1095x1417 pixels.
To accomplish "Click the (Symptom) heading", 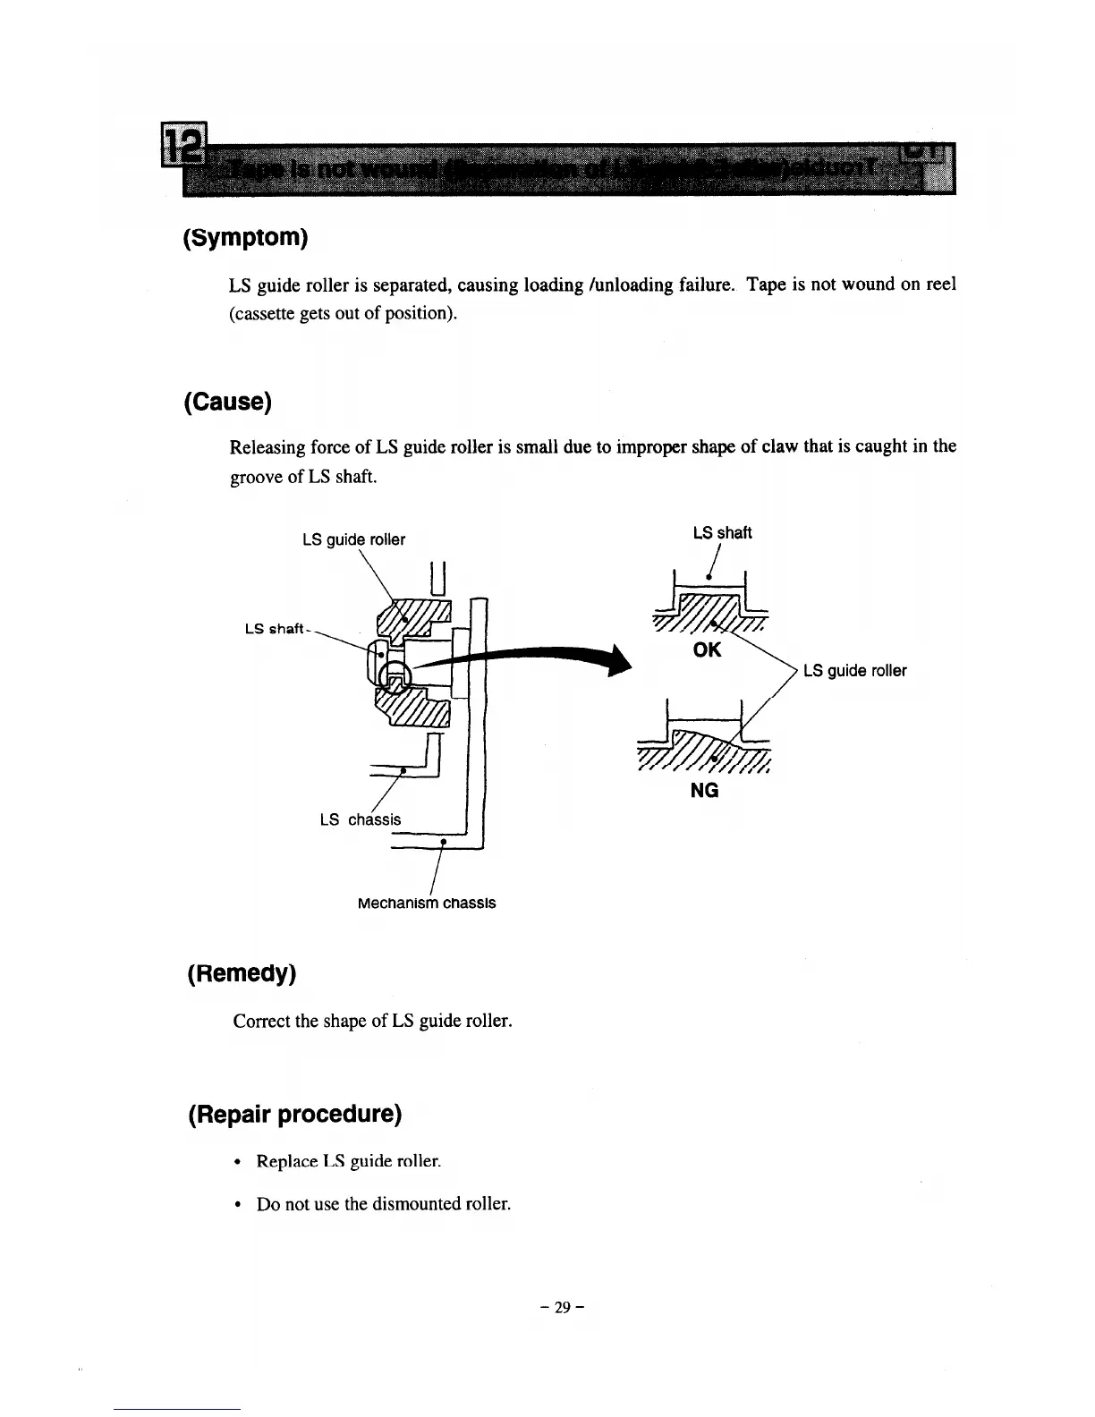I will click(x=245, y=238).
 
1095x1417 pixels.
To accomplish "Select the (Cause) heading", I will click(x=227, y=402).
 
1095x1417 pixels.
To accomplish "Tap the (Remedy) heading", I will click(x=241, y=973).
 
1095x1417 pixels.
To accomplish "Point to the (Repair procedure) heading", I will click(x=295, y=1115).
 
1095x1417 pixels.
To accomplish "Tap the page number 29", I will click(x=562, y=1307).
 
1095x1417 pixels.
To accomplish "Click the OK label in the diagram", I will click(x=707, y=649).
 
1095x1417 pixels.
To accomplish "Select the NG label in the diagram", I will click(x=705, y=791).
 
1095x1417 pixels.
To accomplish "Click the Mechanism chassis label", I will click(x=426, y=904).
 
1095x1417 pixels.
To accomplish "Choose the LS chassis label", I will click(x=361, y=819).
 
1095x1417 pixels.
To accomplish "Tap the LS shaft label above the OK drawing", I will click(x=722, y=533).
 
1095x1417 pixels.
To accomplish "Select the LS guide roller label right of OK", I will click(x=854, y=671).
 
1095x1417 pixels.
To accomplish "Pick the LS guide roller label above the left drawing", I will click(x=353, y=539).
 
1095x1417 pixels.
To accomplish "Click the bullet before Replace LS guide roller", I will click(x=236, y=1163).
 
